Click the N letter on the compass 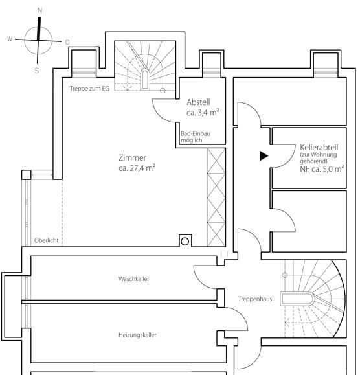(40, 10)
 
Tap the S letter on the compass (37, 71)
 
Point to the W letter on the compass (10, 39)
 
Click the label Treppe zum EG (89, 89)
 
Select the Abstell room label (198, 102)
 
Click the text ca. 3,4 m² (203, 112)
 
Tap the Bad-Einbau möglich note (196, 137)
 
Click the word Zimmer (133, 158)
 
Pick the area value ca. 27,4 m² (137, 168)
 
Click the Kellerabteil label (319, 147)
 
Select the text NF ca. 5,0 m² (322, 169)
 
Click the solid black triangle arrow (264, 156)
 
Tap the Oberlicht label (47, 240)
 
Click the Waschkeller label (134, 279)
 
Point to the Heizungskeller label (137, 335)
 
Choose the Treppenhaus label (255, 299)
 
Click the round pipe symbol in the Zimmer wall (185, 242)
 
